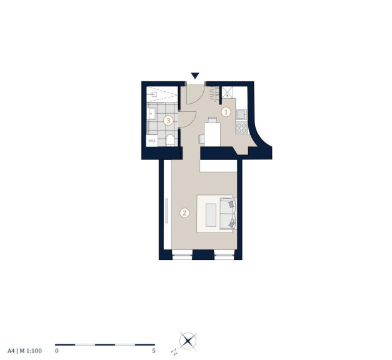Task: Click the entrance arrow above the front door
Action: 195,76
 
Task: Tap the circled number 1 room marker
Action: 226,112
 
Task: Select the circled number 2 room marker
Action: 185,213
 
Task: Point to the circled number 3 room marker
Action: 168,121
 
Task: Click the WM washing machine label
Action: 152,141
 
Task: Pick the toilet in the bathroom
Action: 170,141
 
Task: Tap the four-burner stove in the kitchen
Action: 241,127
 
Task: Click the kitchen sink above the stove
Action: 241,115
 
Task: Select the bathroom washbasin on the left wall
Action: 151,114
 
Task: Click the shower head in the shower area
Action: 153,94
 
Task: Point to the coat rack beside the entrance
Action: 216,94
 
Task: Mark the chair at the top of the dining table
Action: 213,120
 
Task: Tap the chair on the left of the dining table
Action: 201,139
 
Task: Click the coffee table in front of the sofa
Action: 211,215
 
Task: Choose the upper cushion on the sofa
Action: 231,204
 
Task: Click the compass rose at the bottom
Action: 188,341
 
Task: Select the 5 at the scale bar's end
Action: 154,351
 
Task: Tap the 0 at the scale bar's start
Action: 57,351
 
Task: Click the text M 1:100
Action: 31,351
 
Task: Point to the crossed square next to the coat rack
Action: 227,92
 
